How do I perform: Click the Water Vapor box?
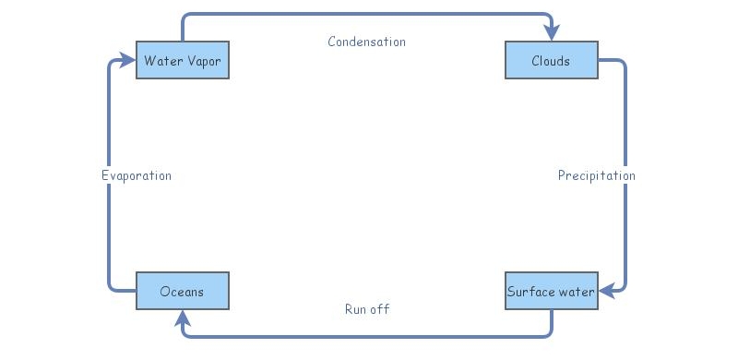click(182, 61)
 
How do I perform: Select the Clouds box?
click(551, 61)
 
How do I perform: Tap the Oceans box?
click(182, 292)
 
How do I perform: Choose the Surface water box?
click(551, 292)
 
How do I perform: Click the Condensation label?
click(366, 42)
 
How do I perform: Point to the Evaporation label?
click(137, 175)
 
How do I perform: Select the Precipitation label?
click(596, 175)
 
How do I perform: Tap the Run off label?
click(366, 309)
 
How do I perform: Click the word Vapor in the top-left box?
click(203, 62)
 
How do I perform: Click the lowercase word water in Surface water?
click(575, 293)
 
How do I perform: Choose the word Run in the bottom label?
click(355, 309)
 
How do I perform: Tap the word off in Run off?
click(379, 309)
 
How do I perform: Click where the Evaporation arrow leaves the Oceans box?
click(135, 292)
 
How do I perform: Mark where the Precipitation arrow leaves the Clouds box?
click(599, 61)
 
